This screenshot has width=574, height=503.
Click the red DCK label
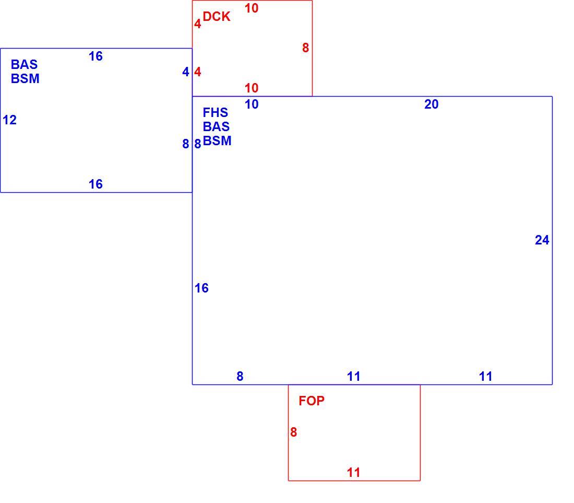tap(217, 17)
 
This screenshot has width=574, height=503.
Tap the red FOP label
tap(312, 401)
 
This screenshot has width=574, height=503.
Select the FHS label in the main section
tap(215, 112)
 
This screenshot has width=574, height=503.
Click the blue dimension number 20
tap(431, 104)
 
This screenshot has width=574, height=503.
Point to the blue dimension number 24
tap(542, 240)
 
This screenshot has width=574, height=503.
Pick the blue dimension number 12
tap(9, 120)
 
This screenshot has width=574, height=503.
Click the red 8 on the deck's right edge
tap(306, 48)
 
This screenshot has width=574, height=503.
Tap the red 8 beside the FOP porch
tap(294, 432)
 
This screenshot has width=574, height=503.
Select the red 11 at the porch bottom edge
tap(354, 473)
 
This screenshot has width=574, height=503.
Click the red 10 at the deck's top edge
tap(252, 8)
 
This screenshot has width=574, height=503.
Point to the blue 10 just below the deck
tap(252, 104)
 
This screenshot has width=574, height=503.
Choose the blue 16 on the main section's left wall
tap(202, 288)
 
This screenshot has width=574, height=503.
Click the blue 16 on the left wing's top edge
tap(95, 56)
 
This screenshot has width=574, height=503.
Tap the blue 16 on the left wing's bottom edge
tap(95, 184)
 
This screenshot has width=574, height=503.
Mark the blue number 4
tap(186, 72)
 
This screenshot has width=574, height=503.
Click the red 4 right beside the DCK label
tap(198, 24)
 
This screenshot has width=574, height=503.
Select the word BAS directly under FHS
tap(216, 127)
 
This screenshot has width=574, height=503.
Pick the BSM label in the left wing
tap(25, 79)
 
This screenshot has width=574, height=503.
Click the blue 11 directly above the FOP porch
tap(354, 376)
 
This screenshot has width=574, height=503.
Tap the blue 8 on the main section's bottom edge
tap(240, 376)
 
